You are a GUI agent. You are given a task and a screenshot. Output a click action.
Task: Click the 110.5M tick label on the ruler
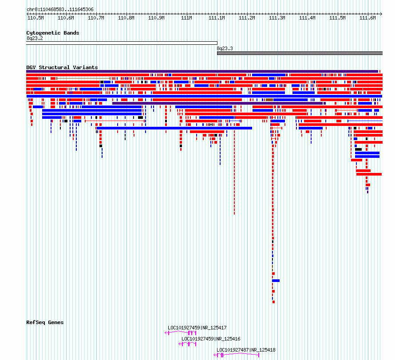[x=36, y=18]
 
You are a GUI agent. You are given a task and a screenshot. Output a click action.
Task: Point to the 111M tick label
[x=187, y=18]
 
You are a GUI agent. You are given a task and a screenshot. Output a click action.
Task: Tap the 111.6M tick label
[x=367, y=18]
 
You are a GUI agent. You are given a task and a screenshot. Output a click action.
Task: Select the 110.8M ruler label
[x=126, y=18]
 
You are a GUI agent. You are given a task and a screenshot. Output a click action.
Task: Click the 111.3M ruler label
[x=277, y=18]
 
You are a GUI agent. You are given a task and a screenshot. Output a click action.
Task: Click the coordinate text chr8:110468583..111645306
[x=60, y=9]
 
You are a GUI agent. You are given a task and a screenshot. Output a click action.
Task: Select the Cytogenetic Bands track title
[x=53, y=33]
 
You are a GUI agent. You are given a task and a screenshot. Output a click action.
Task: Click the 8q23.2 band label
[x=35, y=38]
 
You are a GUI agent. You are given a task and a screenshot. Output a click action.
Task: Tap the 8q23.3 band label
[x=225, y=48]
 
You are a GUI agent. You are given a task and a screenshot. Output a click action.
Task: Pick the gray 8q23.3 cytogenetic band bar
[x=300, y=53]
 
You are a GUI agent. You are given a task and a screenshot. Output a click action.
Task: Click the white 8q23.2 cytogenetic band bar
[x=122, y=43]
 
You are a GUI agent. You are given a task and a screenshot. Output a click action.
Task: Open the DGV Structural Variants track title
[x=62, y=67]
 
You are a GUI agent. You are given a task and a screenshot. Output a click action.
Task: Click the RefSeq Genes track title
[x=45, y=322]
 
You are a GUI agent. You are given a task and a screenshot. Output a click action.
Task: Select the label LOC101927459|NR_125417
[x=197, y=328]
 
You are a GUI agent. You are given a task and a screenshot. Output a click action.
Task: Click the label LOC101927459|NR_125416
[x=211, y=339]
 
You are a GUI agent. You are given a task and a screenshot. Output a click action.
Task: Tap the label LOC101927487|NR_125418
[x=246, y=350]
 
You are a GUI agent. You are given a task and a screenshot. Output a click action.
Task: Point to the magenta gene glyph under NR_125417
[x=180, y=333]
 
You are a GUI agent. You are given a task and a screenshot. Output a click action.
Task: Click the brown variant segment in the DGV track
[x=269, y=100]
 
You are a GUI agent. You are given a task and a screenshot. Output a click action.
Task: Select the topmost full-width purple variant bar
[x=202, y=71]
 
